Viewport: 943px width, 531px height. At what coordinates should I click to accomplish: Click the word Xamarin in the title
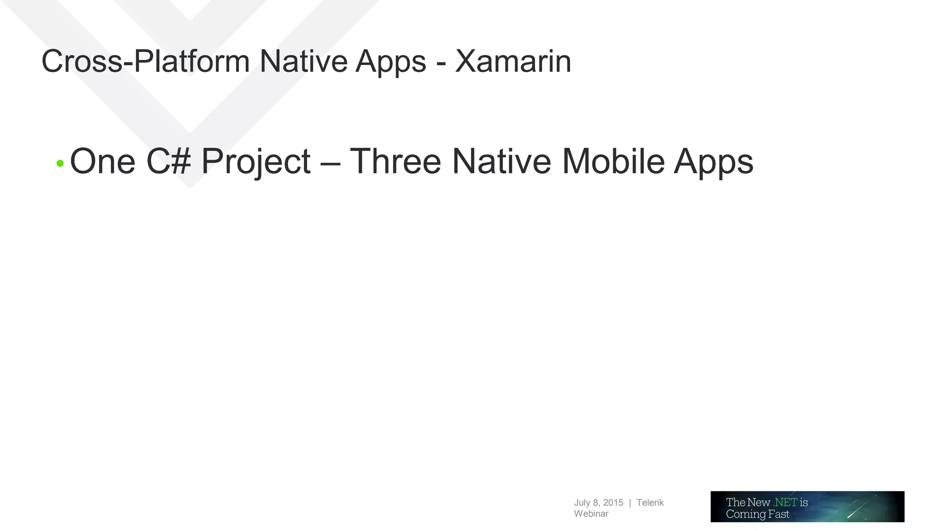[513, 61]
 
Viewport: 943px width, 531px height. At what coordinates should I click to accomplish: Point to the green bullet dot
[60, 163]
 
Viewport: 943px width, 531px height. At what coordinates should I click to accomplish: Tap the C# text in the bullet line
[168, 161]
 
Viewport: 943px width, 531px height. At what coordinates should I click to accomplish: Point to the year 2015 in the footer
[613, 502]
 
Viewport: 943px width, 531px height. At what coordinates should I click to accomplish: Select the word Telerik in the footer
[650, 502]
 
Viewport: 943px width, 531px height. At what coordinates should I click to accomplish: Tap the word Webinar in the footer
[591, 513]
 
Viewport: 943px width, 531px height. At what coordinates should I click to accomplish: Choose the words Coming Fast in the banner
[757, 514]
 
